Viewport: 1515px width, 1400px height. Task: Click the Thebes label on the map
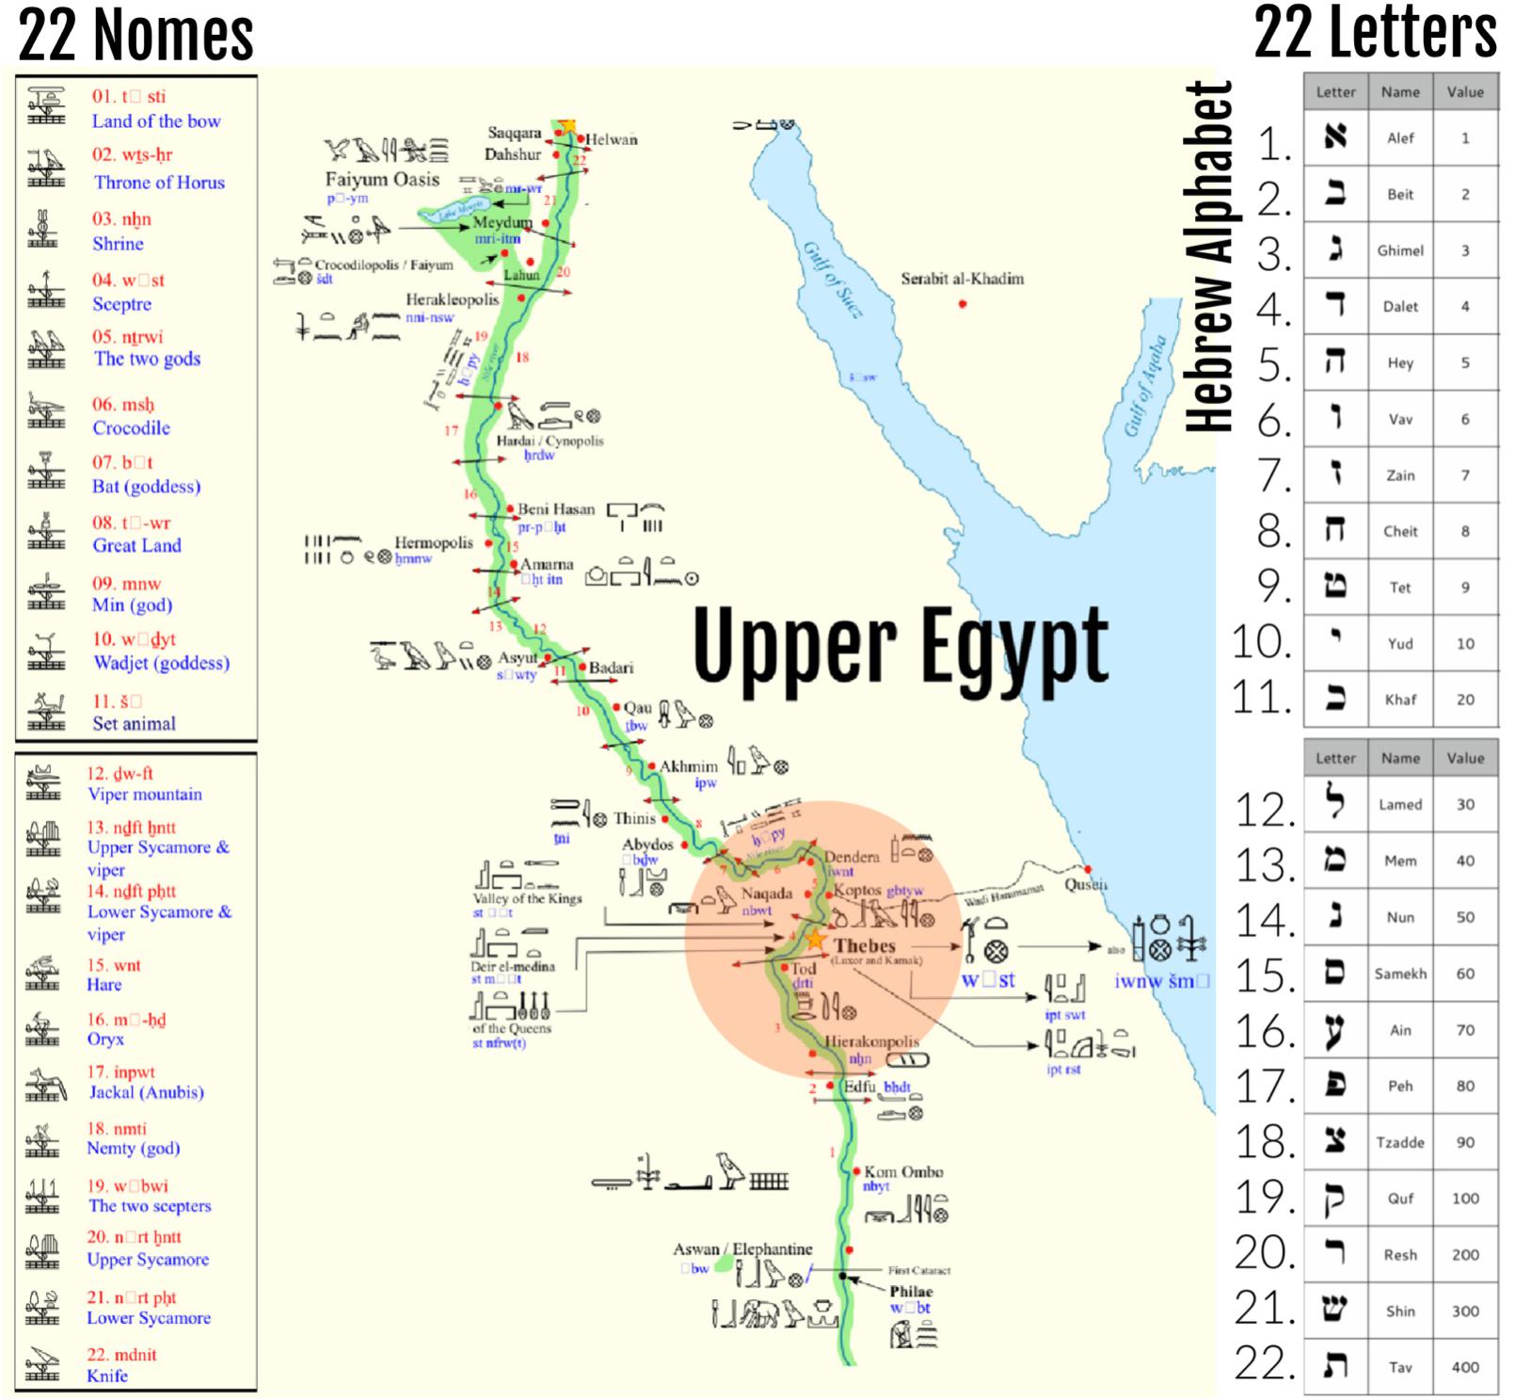tap(864, 945)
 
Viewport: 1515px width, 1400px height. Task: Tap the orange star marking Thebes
tap(815, 940)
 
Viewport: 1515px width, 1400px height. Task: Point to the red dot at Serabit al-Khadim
tap(962, 304)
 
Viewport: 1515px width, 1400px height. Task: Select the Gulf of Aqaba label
tap(1146, 386)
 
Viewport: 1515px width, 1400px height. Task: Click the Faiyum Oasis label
tap(382, 179)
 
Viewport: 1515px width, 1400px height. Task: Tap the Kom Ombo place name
tap(903, 1171)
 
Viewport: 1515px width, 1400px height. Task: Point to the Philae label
tap(911, 1291)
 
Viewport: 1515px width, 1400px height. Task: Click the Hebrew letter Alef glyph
tap(1335, 137)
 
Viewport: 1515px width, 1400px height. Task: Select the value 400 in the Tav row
tap(1465, 1366)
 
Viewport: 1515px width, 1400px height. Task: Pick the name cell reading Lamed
tap(1400, 804)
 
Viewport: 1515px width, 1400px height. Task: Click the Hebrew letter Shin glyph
tap(1335, 1310)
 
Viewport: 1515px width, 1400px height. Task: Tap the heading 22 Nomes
tap(136, 34)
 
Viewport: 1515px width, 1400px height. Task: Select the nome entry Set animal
tap(134, 723)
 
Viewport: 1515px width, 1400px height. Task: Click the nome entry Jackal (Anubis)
tap(146, 1092)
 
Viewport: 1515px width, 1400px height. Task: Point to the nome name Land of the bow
tap(156, 121)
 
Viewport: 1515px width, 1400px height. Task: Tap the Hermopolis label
tap(433, 542)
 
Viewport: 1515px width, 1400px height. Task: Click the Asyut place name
tap(518, 657)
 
